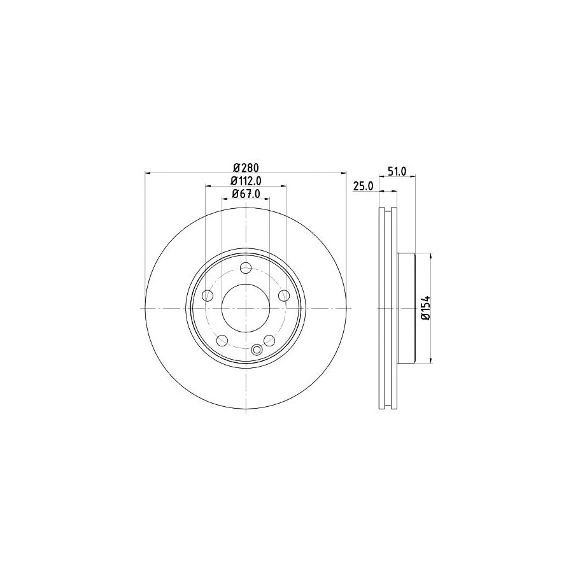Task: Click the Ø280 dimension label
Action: [x=245, y=167]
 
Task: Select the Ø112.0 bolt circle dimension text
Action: [x=245, y=181]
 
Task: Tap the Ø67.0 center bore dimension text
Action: [x=245, y=194]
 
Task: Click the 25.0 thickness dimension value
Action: [x=362, y=186]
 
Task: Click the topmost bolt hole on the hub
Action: [x=246, y=268]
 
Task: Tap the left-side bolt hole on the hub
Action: [x=207, y=295]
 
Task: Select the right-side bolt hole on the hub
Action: [x=284, y=295]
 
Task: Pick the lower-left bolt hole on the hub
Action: [x=222, y=340]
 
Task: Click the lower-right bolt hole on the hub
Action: [x=269, y=340]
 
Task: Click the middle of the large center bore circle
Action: [x=246, y=308]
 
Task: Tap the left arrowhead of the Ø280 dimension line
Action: [x=148, y=173]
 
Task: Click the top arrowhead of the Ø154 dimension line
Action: [x=432, y=255]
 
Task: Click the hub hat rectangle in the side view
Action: [x=406, y=308]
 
